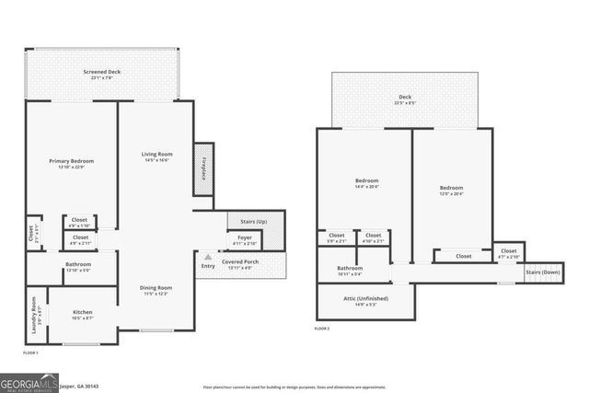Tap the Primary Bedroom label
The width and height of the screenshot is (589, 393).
pyautogui.click(x=71, y=161)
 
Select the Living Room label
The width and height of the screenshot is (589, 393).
pyautogui.click(x=156, y=154)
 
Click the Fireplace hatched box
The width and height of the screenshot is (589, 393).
pyautogui.click(x=203, y=168)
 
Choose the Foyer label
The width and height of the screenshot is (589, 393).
pyautogui.click(x=244, y=237)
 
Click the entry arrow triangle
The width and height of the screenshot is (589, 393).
pyautogui.click(x=208, y=257)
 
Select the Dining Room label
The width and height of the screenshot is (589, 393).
pyautogui.click(x=156, y=287)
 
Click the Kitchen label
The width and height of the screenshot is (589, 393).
pyautogui.click(x=82, y=312)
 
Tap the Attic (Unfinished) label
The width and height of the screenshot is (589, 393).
pyautogui.click(x=366, y=298)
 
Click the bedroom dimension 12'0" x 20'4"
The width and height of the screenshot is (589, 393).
pyautogui.click(x=451, y=193)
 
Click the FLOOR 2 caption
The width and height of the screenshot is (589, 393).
pyautogui.click(x=321, y=329)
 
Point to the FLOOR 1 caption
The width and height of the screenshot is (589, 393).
pyautogui.click(x=30, y=353)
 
